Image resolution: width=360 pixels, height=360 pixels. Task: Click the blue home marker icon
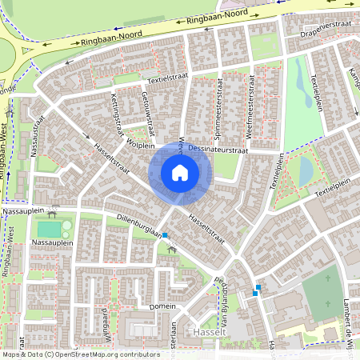click(180, 173)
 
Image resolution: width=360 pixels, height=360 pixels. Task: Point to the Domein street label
click(162, 306)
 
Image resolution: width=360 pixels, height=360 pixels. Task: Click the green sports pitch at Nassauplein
click(54, 230)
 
